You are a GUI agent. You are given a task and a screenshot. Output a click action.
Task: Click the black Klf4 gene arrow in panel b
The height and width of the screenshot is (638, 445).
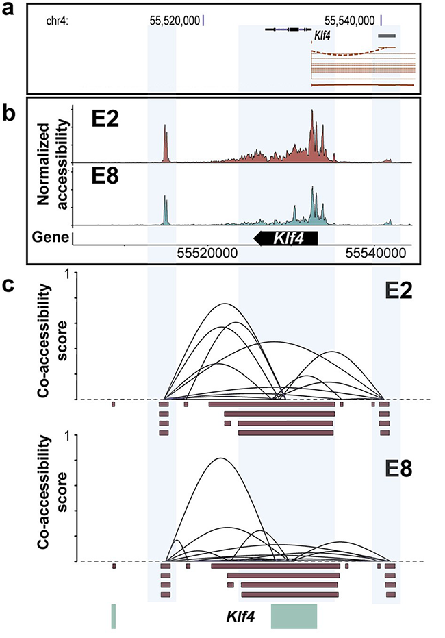287,238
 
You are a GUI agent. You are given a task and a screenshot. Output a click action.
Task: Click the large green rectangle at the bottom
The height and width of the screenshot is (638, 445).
294,616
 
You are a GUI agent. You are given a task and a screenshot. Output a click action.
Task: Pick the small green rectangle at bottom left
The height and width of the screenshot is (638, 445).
114,616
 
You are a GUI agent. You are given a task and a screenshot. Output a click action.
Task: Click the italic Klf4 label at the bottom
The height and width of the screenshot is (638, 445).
241,617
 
